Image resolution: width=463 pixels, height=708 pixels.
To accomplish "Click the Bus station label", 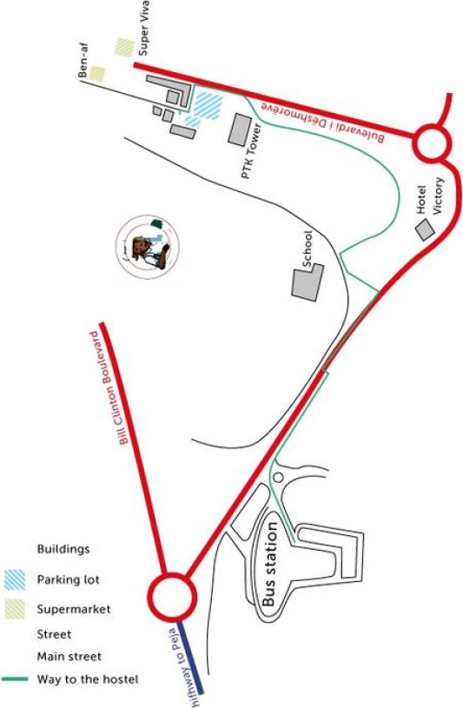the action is pyautogui.click(x=269, y=564).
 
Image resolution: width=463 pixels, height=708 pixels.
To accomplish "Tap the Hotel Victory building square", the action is pyautogui.click(x=425, y=229).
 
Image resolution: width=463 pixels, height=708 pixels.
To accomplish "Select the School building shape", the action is pyautogui.click(x=308, y=282).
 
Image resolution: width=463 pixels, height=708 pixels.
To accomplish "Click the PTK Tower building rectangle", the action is pyautogui.click(x=240, y=129).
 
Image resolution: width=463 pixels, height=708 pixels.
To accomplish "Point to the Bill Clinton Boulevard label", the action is pyautogui.click(x=110, y=387).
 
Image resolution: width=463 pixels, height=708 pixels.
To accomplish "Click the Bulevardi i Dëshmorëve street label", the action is pyautogui.click(x=322, y=122).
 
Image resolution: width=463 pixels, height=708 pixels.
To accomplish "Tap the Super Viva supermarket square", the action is pyautogui.click(x=125, y=48).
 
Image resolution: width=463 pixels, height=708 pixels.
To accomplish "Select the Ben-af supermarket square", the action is pyautogui.click(x=96, y=74).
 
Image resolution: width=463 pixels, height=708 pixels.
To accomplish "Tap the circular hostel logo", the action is pyautogui.click(x=148, y=247).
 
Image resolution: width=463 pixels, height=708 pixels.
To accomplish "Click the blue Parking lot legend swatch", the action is pyautogui.click(x=15, y=579).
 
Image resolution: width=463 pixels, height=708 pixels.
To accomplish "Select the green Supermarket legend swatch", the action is pyautogui.click(x=15, y=609).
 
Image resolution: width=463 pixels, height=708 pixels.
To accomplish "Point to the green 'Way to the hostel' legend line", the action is pyautogui.click(x=15, y=678).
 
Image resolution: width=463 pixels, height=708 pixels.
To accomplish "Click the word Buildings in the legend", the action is pyautogui.click(x=63, y=549).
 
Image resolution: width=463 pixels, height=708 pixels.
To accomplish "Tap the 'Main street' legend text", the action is pyautogui.click(x=69, y=656).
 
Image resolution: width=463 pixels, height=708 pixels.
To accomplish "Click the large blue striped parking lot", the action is pyautogui.click(x=208, y=106).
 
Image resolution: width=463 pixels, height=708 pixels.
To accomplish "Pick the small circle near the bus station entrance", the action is pyautogui.click(x=278, y=477).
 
